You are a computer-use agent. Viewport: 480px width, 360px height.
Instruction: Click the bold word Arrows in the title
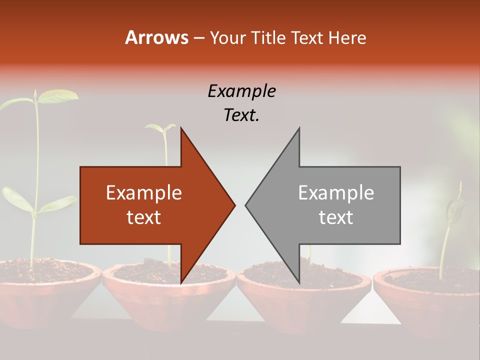156,37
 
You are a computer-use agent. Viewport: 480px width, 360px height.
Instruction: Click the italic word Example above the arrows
241,91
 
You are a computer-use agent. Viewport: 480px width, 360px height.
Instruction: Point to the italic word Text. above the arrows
241,115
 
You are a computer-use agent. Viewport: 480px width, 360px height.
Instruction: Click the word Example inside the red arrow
144,192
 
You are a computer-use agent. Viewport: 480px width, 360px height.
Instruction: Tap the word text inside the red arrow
144,217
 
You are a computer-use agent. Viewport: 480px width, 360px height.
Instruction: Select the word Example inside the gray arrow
336,192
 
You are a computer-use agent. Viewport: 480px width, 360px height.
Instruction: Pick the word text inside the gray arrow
336,217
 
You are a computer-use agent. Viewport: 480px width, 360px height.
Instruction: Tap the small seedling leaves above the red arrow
163,128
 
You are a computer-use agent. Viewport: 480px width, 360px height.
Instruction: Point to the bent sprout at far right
454,207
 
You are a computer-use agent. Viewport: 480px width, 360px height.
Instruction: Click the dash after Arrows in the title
199,38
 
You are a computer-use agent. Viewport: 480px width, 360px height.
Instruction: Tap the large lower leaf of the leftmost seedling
17,199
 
